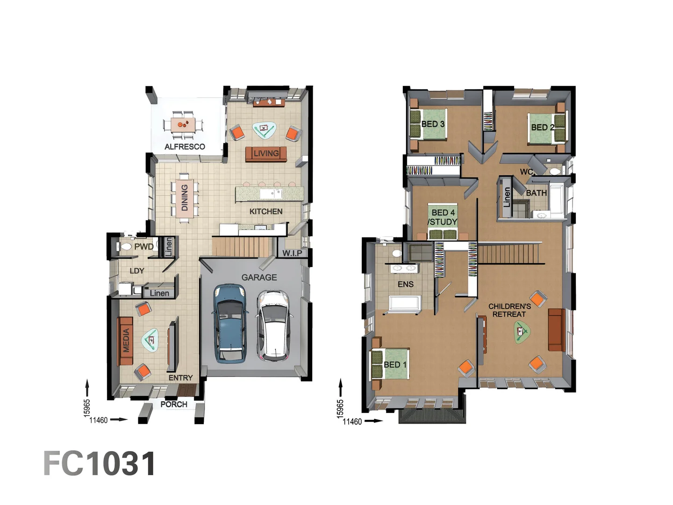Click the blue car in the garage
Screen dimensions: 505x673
click(x=229, y=323)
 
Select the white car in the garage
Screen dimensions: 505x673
click(x=273, y=325)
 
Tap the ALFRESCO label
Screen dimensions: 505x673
click(x=185, y=147)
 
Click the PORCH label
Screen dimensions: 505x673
click(x=174, y=404)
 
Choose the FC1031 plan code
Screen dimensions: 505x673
click(x=100, y=464)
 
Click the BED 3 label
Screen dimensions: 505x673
click(x=432, y=124)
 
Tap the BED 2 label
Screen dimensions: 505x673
click(x=542, y=127)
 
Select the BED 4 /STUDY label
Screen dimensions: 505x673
click(x=443, y=217)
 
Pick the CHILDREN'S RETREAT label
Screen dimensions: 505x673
click(x=509, y=310)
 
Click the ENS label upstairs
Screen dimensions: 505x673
click(x=405, y=284)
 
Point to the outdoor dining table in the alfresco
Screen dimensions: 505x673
click(x=183, y=125)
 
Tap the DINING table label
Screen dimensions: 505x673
click(x=185, y=197)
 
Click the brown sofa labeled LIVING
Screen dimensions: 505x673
click(x=266, y=154)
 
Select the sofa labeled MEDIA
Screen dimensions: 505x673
click(x=126, y=340)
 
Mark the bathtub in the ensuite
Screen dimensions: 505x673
click(x=405, y=303)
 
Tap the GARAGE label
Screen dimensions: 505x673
click(x=259, y=277)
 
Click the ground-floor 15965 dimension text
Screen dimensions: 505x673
click(x=87, y=407)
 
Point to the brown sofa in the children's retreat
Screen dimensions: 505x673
click(x=556, y=330)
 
